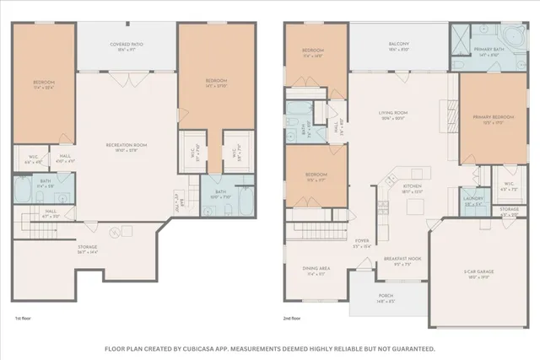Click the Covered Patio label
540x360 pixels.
click(127, 44)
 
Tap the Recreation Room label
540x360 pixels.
click(127, 145)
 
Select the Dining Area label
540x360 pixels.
click(316, 271)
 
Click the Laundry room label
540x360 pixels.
click(473, 200)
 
